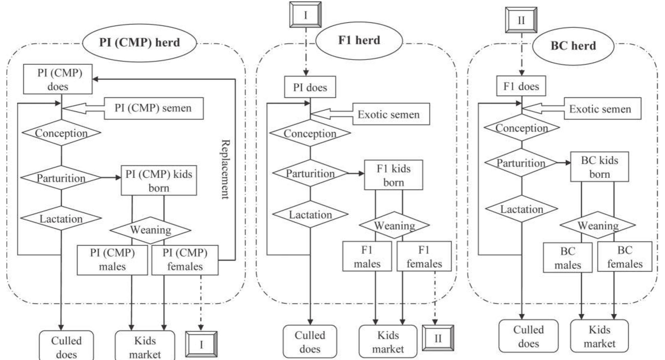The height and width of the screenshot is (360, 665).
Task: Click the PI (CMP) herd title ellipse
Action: coord(139,43)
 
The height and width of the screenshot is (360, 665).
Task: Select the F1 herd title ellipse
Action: coord(359,40)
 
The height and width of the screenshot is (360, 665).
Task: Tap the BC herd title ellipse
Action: coord(573,46)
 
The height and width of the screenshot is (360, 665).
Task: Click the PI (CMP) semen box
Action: coord(154,108)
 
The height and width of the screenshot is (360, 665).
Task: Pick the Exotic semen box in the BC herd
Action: coord(602,109)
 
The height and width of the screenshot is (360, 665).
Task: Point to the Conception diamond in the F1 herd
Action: coord(310,133)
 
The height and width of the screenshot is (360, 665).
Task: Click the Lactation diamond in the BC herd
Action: coord(521,209)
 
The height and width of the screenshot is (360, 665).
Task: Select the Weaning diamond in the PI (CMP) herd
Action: coord(151,230)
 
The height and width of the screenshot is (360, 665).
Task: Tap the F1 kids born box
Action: coord(393,175)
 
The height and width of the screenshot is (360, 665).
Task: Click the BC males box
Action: coord(567,258)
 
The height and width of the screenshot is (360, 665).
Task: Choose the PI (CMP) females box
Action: coord(185,260)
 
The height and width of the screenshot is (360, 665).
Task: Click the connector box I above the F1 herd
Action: coord(305,15)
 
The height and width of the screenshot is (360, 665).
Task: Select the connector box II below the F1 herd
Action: coord(438,338)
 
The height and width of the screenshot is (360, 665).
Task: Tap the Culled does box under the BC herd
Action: coord(528,336)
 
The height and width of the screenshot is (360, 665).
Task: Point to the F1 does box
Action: coord(521,86)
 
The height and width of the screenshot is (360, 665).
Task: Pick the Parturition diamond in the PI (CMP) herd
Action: coord(61,178)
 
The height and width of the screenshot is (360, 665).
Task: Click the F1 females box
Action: coord(424,256)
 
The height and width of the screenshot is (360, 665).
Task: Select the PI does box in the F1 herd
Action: coord(310,87)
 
